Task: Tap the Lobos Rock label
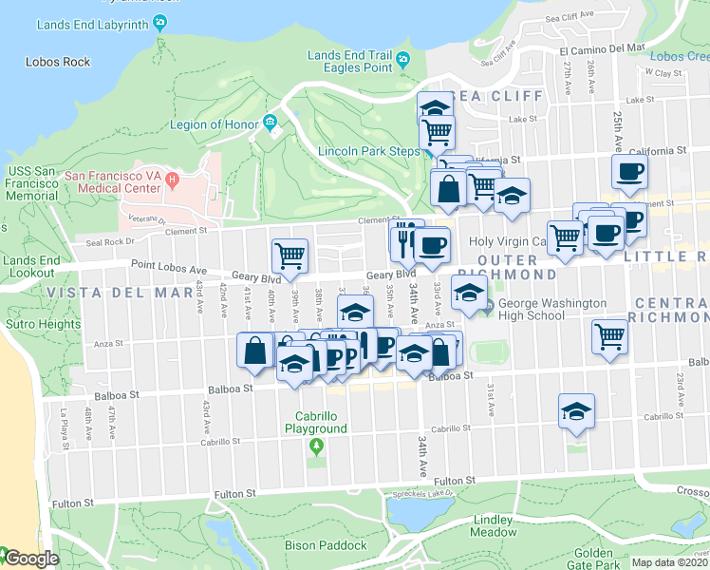pos(58,62)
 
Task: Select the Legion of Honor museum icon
pos(271,121)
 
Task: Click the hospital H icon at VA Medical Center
pos(172,179)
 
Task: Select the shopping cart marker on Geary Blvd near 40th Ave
pos(290,255)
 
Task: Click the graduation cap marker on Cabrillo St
pos(576,410)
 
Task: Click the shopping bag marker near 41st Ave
pos(256,351)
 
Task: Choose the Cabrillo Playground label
pos(315,422)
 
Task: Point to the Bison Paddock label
pos(326,545)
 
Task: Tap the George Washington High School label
pos(538,310)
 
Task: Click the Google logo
pos(30,559)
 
